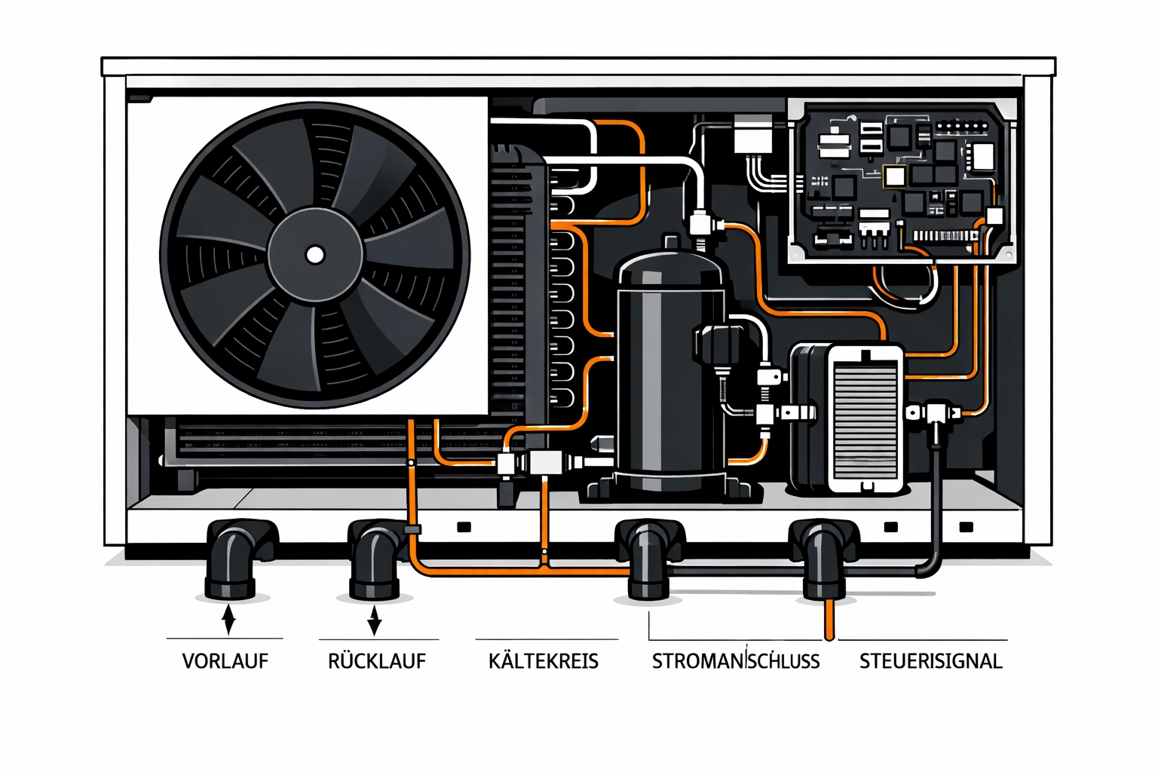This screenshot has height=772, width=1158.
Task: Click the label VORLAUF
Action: [x=225, y=661]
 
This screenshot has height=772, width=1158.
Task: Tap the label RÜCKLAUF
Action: [x=376, y=661]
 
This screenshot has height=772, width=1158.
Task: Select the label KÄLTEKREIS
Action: [x=543, y=661]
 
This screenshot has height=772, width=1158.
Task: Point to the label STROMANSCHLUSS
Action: [x=735, y=661]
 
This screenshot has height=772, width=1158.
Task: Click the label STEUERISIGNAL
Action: [x=930, y=661]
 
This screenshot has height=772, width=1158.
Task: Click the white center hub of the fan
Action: [x=314, y=255]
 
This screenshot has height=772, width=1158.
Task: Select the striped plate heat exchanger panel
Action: [x=865, y=418]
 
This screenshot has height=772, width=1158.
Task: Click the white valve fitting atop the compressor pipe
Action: [x=700, y=224]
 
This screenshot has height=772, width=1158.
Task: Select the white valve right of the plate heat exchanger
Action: [x=935, y=413]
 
